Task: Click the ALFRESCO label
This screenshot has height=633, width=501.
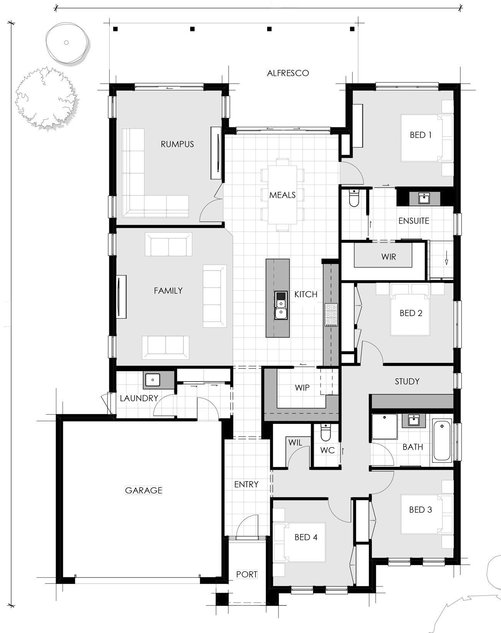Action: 288,73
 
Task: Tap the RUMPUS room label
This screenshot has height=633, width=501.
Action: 177,144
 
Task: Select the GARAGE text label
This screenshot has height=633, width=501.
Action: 143,490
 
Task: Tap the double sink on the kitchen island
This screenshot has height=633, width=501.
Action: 281,305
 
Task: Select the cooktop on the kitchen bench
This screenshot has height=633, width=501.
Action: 331,315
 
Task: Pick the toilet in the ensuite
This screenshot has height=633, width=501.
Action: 354,198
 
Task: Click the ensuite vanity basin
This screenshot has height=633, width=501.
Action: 424,198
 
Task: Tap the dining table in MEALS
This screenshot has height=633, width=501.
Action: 282,195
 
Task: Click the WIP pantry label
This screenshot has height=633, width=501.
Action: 302,387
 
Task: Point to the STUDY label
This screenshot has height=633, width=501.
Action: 407,381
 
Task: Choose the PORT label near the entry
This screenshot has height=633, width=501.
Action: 247,574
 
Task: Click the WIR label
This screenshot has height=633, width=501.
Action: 389,257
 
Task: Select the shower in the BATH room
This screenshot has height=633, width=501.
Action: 384,427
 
